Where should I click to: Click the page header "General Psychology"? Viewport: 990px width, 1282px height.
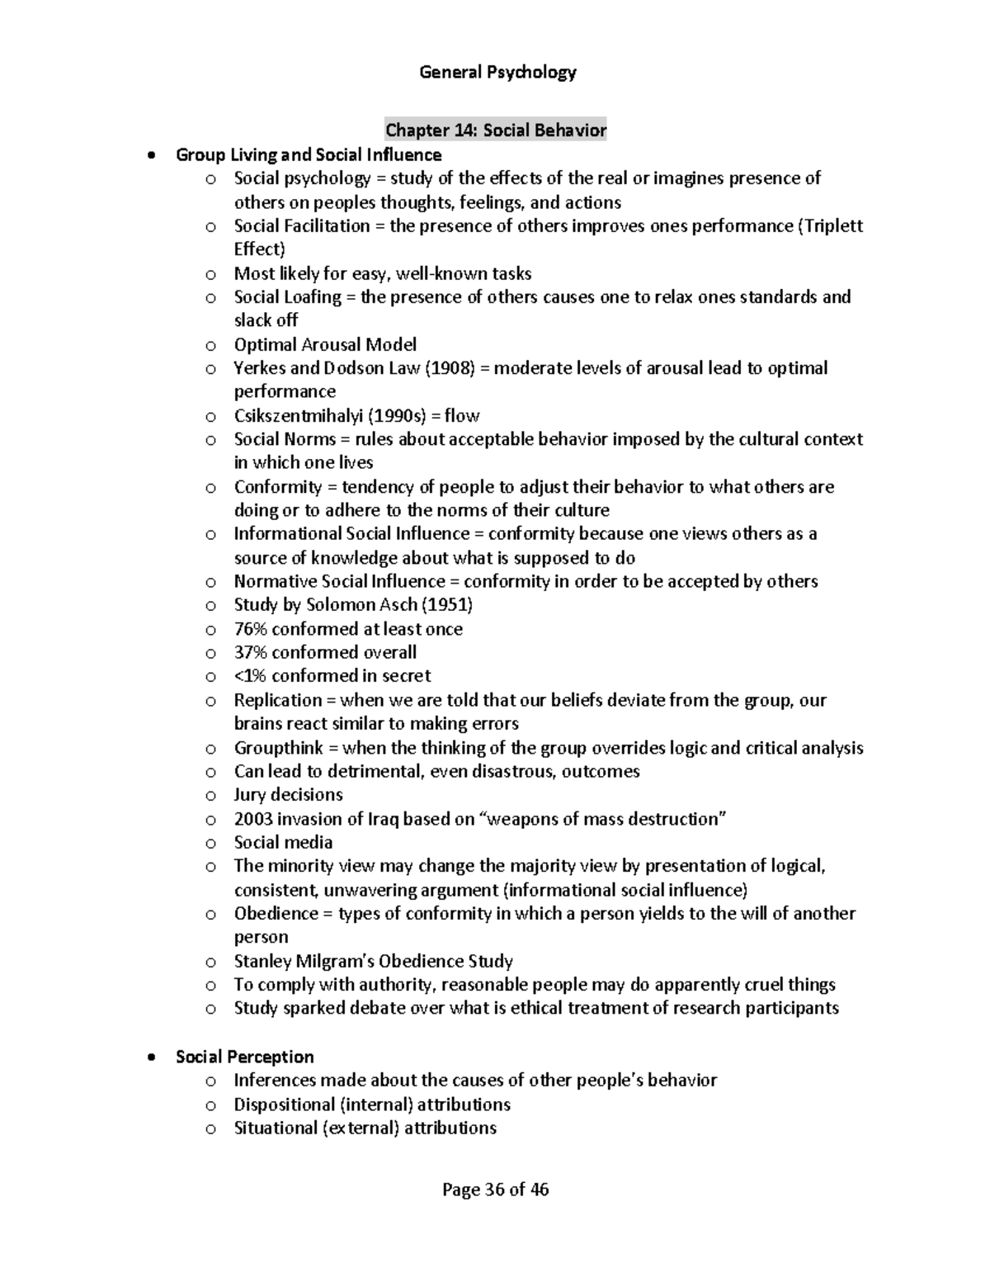point(497,73)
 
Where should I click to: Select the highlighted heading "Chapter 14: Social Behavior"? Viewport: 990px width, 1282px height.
point(496,130)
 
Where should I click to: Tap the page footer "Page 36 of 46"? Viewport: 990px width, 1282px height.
point(495,1190)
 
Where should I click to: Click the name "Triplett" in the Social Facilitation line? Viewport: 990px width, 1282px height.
point(832,226)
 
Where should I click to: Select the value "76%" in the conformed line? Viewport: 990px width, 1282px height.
point(250,629)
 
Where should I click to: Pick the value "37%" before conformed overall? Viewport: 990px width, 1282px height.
point(250,653)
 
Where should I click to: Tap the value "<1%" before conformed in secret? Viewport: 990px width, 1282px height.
point(250,676)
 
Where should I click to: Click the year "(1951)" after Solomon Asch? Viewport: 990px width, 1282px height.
point(447,605)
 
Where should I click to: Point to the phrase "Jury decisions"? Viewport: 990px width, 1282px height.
point(288,795)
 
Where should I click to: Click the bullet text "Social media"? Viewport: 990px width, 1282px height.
point(283,843)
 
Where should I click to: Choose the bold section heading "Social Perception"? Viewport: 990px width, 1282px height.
point(244,1057)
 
